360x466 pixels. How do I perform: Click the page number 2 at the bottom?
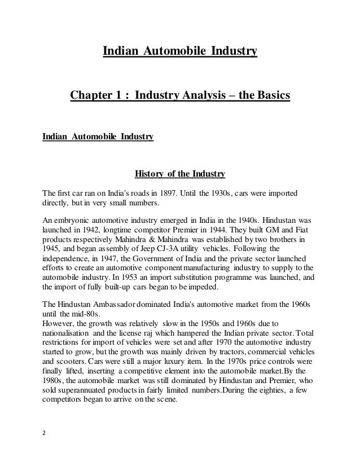45,436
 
